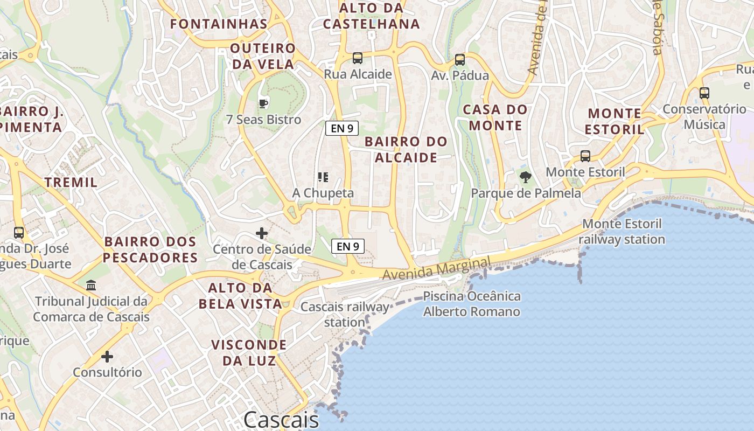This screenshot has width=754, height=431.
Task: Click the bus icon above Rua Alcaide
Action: tap(357, 58)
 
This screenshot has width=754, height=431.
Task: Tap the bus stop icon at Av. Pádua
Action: tap(459, 60)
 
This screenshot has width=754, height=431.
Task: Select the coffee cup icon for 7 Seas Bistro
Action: tap(263, 103)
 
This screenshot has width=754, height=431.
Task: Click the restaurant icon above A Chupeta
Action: tap(323, 177)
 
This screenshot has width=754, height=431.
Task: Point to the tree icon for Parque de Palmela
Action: tap(525, 177)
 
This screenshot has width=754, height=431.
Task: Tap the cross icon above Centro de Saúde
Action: tap(262, 233)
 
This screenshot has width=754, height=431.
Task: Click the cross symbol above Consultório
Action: tap(107, 357)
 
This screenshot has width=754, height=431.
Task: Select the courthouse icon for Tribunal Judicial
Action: tap(91, 285)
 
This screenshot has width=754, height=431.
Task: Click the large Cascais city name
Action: tap(281, 419)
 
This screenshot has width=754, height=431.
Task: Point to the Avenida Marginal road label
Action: tap(437, 268)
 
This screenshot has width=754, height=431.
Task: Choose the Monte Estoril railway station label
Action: tap(623, 232)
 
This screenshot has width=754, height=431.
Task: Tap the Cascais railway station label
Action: tap(345, 315)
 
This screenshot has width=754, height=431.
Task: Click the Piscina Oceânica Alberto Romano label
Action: tap(472, 304)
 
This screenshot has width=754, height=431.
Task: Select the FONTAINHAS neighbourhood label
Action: tap(219, 24)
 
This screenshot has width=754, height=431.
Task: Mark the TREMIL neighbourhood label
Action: tap(71, 182)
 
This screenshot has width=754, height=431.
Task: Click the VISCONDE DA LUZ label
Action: tap(248, 352)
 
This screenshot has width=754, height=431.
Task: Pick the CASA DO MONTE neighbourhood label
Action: tap(495, 117)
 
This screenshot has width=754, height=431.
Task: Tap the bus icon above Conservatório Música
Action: tap(704, 93)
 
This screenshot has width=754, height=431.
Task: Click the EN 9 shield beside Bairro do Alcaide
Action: tap(342, 128)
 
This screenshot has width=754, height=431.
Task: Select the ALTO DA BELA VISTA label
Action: tap(240, 295)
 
